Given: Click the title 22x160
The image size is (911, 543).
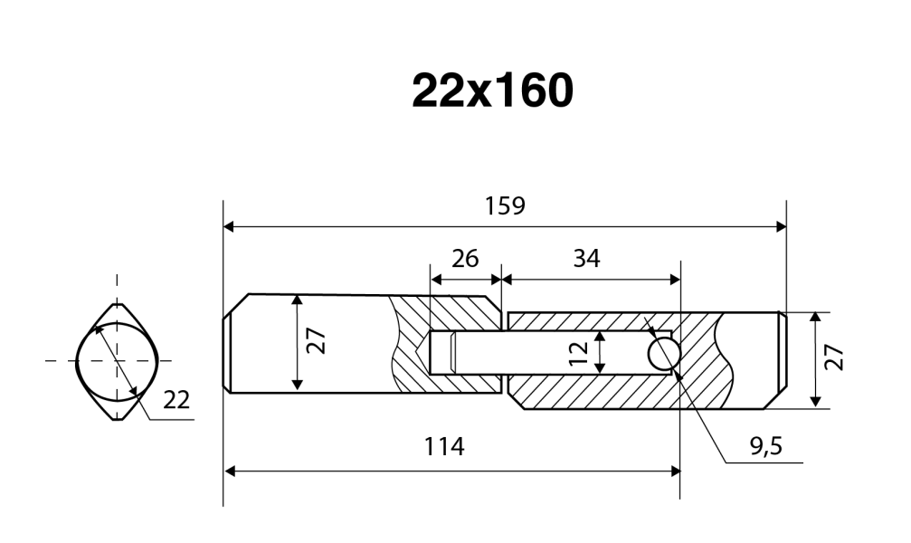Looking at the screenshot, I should pyautogui.click(x=491, y=90).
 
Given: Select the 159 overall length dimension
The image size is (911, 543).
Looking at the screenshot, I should pyautogui.click(x=504, y=205).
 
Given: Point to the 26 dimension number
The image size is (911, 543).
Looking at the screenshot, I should pyautogui.click(x=464, y=259).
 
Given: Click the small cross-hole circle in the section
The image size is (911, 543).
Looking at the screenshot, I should pyautogui.click(x=664, y=353).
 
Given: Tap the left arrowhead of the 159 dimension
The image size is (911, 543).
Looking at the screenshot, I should pyautogui.click(x=229, y=225).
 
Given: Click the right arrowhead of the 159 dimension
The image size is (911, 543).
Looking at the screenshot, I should pyautogui.click(x=781, y=225).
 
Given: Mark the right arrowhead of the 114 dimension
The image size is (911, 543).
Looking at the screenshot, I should pyautogui.click(x=674, y=471).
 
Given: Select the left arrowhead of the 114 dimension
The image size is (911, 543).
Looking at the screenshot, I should pyautogui.click(x=229, y=471).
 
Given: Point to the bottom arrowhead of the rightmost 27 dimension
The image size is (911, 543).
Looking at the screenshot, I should pyautogui.click(x=816, y=401).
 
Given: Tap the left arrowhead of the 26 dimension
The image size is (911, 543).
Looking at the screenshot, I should pyautogui.click(x=434, y=279).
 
